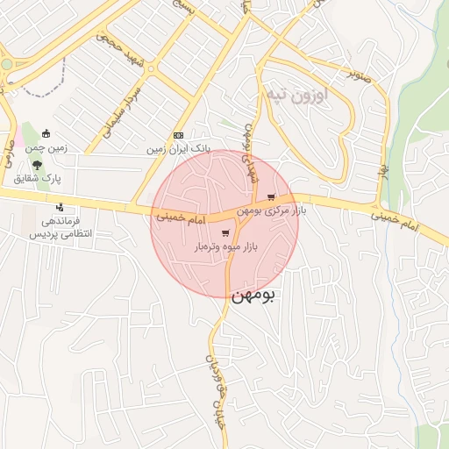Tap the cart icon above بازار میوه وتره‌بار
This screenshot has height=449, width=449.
click(x=225, y=233)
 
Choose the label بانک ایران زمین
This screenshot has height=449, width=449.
click(x=179, y=150)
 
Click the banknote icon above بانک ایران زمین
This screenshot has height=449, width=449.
click(x=178, y=135)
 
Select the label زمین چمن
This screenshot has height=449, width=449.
click(x=46, y=150)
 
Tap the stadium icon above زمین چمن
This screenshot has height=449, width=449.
click(x=46, y=134)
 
